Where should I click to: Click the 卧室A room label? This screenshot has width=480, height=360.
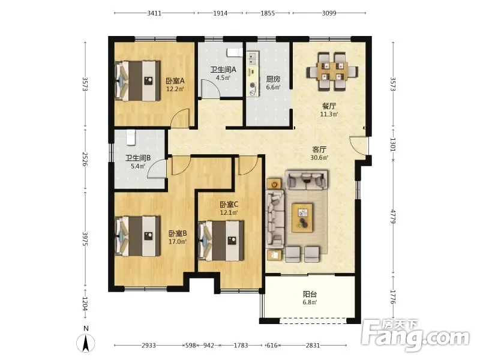coord(175,81)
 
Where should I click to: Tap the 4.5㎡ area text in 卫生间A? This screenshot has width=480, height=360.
coord(223,78)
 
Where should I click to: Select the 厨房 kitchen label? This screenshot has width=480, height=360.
coord(273,79)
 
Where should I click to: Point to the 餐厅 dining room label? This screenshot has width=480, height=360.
coord(329,106)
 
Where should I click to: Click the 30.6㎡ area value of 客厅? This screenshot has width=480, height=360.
coord(319,158)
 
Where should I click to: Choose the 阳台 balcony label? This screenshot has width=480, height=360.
coord(310,294)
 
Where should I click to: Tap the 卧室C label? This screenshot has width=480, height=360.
coord(229,204)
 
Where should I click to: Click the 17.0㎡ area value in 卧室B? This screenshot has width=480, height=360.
coord(178,242)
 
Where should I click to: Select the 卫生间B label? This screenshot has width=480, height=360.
coord(138,158)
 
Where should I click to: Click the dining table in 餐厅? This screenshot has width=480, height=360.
coord(332,71)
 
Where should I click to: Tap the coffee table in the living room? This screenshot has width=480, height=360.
coord(302,218)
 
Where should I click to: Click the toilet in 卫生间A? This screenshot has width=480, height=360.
coord(233,52)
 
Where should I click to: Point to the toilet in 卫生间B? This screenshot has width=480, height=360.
coord(131,137)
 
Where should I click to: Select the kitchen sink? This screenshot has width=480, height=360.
coord(252,59)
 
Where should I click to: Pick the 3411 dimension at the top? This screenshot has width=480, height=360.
coord(154,13)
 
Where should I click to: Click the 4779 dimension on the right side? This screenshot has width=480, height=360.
coord(394,217)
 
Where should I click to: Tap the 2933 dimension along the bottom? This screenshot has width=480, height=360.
coord(149,346)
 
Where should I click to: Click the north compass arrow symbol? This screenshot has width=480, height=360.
coord(86,343)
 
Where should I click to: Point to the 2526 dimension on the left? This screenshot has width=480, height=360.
coord(85,159)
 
